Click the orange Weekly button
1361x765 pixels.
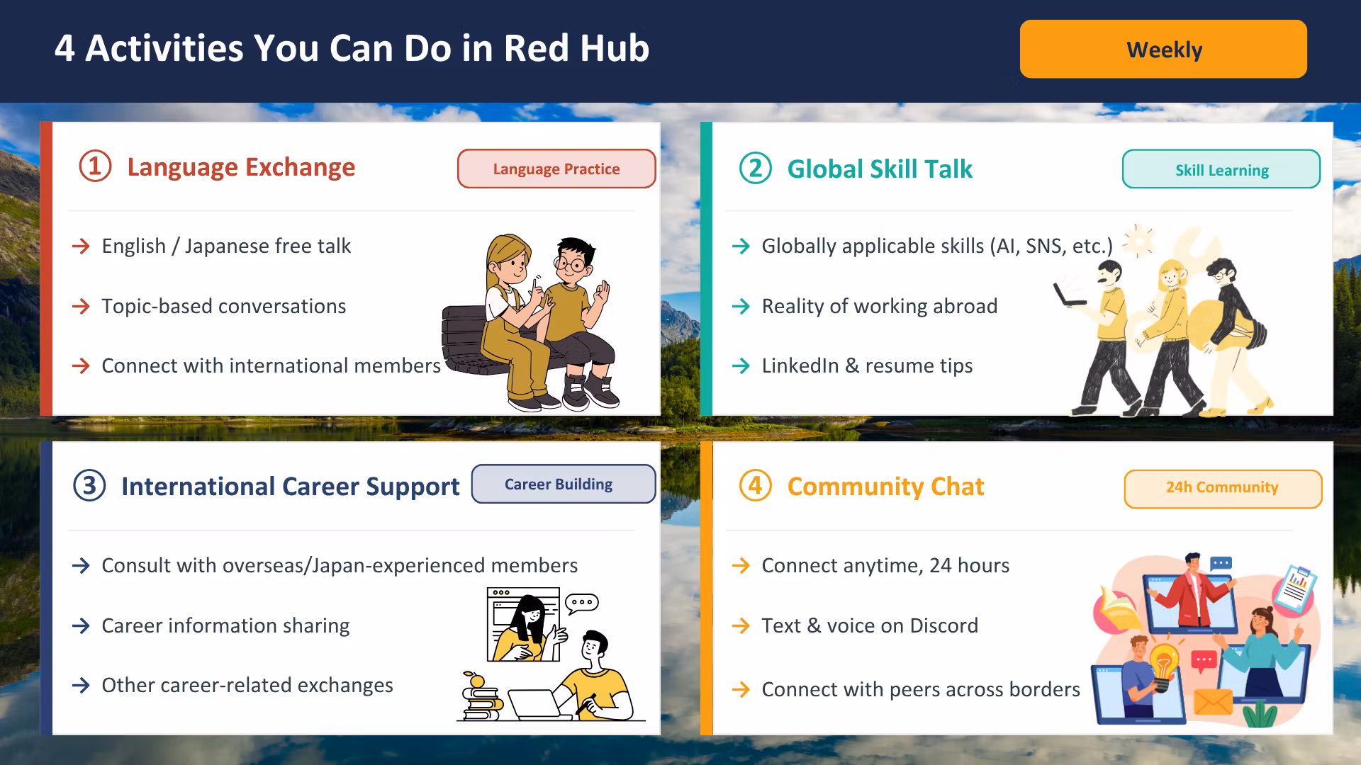coord(1163,49)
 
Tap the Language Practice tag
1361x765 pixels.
coord(556,169)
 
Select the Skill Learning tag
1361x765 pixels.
coord(1221,169)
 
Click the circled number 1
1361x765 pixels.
coord(95,166)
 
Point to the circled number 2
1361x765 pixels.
coord(756,169)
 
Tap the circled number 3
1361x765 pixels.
coord(89,486)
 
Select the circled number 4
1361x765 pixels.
coord(756,486)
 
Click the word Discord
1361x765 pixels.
coord(943,625)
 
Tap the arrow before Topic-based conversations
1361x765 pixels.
coord(81,306)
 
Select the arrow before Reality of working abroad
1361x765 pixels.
coord(741,306)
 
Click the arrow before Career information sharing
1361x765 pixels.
coord(81,625)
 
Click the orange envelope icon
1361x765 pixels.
coord(1213,701)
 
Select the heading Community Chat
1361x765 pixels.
coord(885,487)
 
